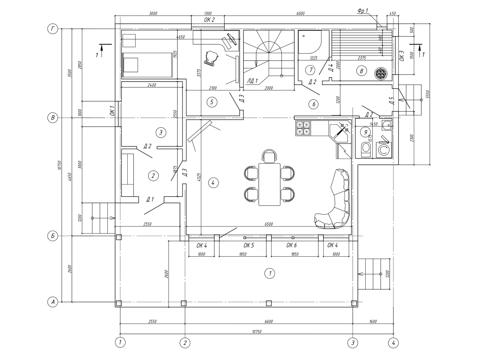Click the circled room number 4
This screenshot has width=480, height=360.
coord(213,182)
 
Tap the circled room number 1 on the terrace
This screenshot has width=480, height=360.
coord(270,274)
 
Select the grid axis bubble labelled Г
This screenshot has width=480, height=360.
coord(53,29)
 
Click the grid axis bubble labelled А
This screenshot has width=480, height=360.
coord(53,302)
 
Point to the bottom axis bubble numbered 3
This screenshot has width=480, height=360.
coord(353,342)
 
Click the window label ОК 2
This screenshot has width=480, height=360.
coord(209,20)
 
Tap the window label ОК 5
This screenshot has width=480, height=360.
coord(249,246)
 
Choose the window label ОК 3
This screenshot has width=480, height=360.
coord(401,56)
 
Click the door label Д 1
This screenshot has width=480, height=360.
coord(150,199)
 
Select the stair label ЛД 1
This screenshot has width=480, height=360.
coord(252,80)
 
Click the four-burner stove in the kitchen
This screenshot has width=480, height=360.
coord(303,128)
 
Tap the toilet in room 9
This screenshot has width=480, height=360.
coord(366,149)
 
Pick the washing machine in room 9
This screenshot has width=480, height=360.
coord(384,150)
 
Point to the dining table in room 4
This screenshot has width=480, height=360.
coord(270,184)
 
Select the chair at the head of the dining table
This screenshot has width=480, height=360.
coord(270,156)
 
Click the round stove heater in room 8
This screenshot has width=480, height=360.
coord(380,74)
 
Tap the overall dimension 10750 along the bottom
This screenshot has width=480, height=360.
coord(257,332)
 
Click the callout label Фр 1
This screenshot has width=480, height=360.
coord(363,11)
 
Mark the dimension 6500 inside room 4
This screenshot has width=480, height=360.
coord(269,224)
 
